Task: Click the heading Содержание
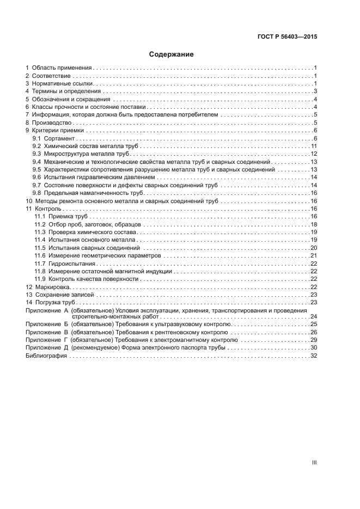(172, 54)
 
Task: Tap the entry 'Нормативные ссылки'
(63, 84)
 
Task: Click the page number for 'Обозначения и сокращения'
(315, 100)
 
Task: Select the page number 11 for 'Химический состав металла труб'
(314, 147)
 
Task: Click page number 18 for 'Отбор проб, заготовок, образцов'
(314, 225)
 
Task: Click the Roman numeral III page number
(314, 462)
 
